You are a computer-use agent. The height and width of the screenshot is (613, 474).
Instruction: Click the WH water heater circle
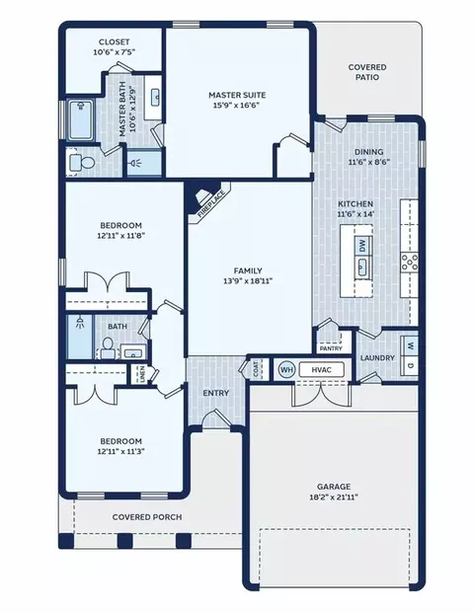point(286,369)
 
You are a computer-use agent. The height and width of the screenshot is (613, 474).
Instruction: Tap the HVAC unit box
point(322,369)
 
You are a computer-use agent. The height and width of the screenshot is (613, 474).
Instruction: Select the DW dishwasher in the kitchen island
point(362,246)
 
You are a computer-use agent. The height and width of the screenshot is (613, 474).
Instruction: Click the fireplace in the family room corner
point(206,199)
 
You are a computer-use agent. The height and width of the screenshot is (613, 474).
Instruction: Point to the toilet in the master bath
point(82,162)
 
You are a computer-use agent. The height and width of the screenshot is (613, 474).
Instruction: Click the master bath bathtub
point(81,120)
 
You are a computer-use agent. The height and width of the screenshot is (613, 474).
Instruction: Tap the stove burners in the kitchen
point(409,263)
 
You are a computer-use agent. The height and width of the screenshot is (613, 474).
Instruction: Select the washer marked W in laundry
point(410,346)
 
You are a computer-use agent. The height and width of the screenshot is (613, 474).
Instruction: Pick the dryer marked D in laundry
point(410,366)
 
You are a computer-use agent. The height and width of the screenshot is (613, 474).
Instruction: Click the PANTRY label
point(331,348)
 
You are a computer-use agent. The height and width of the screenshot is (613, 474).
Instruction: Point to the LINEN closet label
point(142,374)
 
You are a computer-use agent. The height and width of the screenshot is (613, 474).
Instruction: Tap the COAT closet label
point(256,369)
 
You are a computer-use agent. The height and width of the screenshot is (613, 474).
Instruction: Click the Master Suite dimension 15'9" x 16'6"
point(237,106)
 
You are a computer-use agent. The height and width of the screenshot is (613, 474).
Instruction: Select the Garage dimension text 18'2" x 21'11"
point(333,498)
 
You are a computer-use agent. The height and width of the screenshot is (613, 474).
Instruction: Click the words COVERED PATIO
point(367,72)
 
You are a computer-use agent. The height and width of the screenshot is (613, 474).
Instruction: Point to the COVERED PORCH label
point(147,517)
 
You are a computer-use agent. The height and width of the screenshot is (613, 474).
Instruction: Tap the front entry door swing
point(216,418)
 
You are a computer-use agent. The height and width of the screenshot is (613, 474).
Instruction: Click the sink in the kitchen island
point(362,266)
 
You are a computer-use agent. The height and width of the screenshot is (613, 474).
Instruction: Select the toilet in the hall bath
point(108,348)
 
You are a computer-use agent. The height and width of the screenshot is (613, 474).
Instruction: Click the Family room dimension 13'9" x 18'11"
point(248,280)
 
